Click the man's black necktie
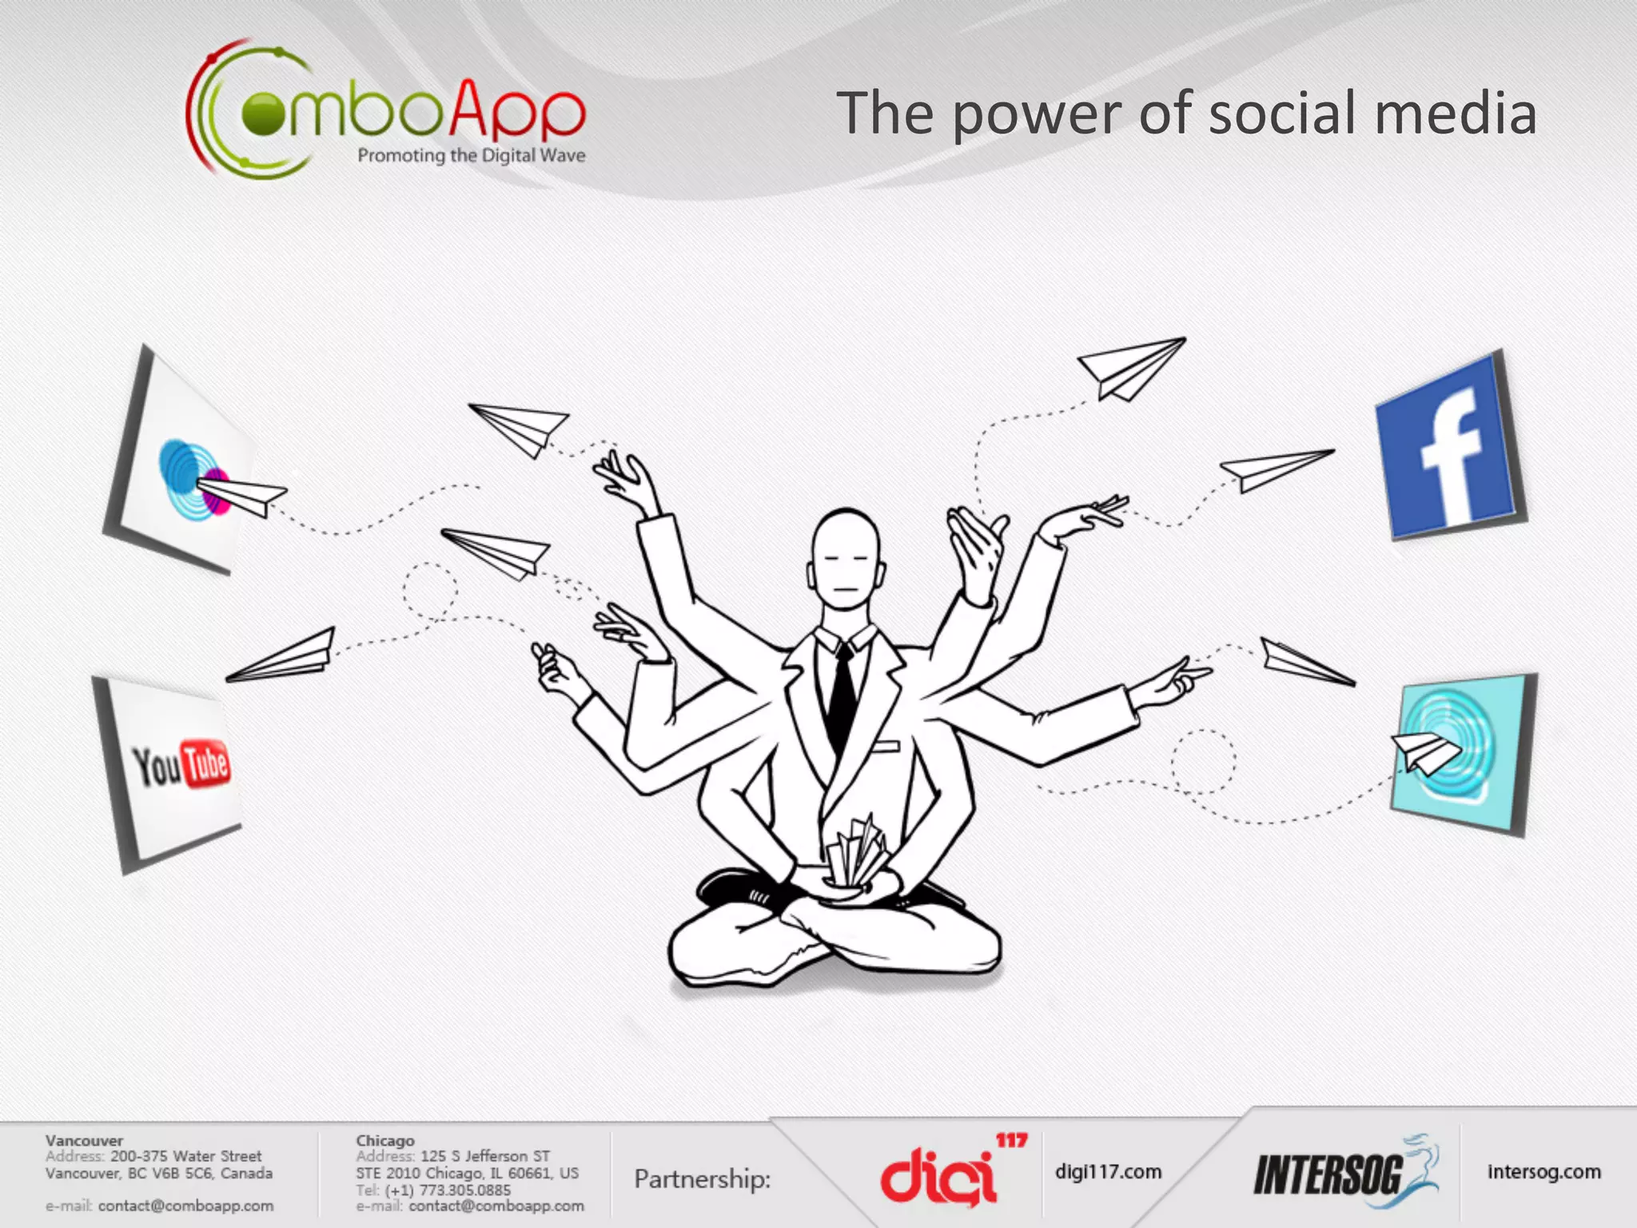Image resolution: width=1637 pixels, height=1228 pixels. (x=841, y=696)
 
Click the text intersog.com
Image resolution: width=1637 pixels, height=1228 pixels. (x=1543, y=1172)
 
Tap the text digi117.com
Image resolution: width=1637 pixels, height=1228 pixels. (x=1108, y=1172)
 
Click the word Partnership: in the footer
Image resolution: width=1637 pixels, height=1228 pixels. (x=702, y=1178)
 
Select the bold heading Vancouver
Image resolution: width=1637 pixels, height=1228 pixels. (x=84, y=1140)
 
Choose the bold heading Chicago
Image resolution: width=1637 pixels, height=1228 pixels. (x=385, y=1140)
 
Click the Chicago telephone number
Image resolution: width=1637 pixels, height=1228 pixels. (x=448, y=1190)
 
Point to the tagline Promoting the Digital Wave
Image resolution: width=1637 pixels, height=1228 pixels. (x=471, y=155)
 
